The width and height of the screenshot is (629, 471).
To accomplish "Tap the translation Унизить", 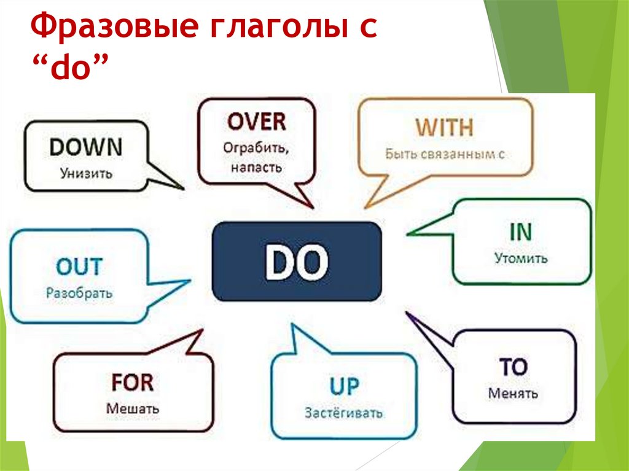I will point(86,173).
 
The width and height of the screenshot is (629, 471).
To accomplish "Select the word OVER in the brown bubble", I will point(256,122).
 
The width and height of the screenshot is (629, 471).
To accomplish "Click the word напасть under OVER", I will point(257,166).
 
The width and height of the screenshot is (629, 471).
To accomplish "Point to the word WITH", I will point(444,128).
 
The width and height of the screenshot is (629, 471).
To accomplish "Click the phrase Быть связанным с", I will point(445,154).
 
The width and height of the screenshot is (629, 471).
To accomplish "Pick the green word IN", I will point(520,232).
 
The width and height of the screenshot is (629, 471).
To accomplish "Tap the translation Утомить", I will point(520,258).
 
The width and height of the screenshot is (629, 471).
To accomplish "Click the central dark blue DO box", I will point(297,261).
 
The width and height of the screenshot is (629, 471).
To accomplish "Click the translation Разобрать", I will point(79,293).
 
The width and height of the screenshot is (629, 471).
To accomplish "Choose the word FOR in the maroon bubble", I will point(132,383).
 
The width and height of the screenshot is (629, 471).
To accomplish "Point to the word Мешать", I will point(133,408).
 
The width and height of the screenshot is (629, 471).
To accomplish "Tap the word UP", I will point(344,386).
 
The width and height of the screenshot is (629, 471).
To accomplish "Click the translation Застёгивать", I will point(344,413).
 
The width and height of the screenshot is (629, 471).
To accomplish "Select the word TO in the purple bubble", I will point(514,367).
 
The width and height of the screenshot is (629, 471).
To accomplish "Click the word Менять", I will point(514,393).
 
